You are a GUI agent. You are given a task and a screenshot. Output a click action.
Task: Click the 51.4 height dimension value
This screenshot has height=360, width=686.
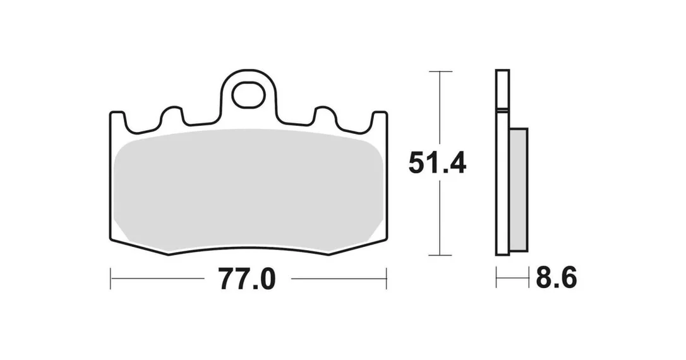437,163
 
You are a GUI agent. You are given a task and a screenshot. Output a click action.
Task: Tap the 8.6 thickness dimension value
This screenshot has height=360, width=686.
557,277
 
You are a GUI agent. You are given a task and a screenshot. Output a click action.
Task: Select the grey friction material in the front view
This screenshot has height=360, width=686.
248,191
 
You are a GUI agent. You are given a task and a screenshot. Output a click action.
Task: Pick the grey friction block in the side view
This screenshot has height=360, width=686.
519,190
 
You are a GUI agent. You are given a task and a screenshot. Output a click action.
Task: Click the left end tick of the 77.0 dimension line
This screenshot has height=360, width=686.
111,278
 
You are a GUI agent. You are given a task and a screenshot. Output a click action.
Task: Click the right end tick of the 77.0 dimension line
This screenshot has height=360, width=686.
386,278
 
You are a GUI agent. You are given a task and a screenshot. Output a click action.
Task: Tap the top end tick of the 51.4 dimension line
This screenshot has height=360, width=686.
440,71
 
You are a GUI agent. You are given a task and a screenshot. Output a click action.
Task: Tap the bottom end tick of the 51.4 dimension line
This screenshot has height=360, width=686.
440,255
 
